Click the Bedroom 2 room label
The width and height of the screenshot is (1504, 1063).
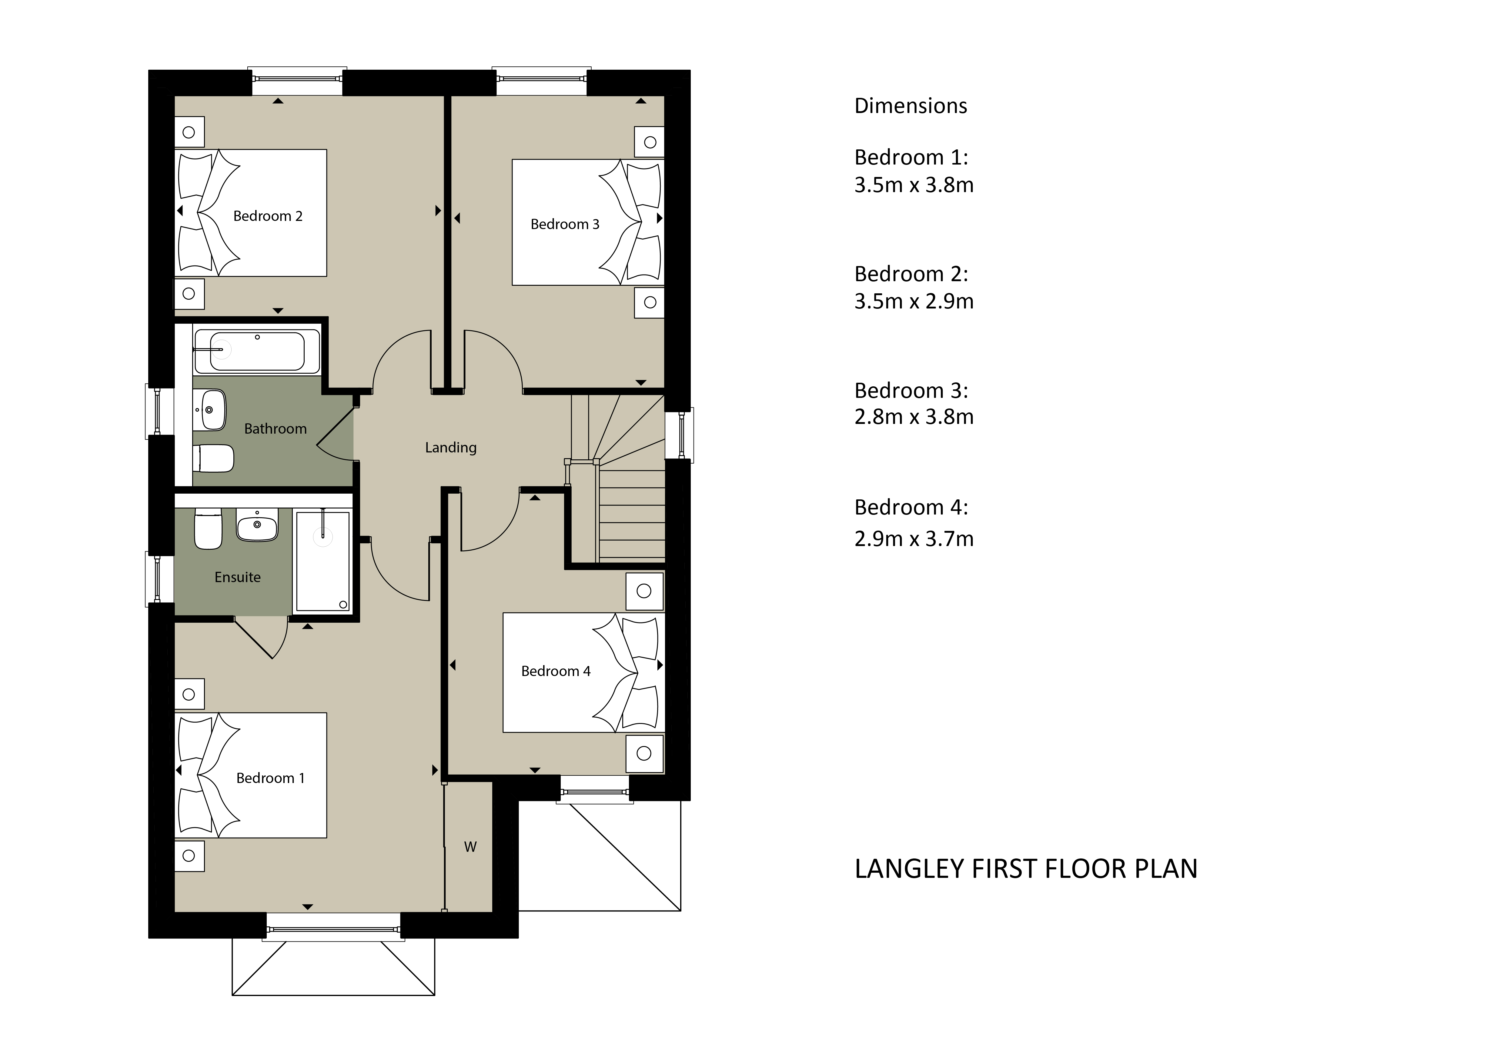pyautogui.click(x=268, y=216)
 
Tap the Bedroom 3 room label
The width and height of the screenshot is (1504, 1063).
pyautogui.click(x=565, y=224)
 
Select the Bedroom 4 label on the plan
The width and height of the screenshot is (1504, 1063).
pyautogui.click(x=556, y=671)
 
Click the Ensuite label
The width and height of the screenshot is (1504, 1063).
pyautogui.click(x=238, y=577)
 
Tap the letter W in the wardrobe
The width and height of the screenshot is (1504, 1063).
pyautogui.click(x=470, y=847)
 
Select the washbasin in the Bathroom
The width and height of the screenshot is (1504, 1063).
pyautogui.click(x=211, y=410)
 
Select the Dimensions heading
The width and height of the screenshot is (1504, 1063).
pyautogui.click(x=911, y=106)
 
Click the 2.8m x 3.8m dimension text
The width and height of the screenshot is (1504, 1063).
pyautogui.click(x=914, y=417)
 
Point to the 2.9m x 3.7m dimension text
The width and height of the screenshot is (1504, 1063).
pyautogui.click(x=914, y=539)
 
